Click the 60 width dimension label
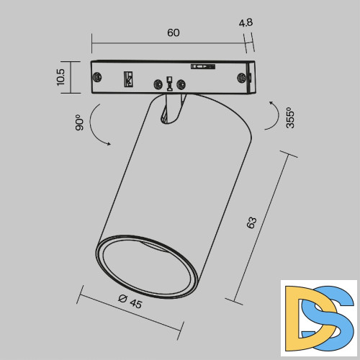pyautogui.click(x=173, y=33)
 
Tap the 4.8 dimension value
pyautogui.click(x=246, y=22)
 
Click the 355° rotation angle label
pyautogui.click(x=289, y=117)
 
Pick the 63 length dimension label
pyautogui.click(x=251, y=222)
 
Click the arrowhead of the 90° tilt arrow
pyautogui.click(x=109, y=144)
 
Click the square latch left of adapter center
pyautogui.click(x=130, y=77)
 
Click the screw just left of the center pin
pyautogui.click(x=156, y=84)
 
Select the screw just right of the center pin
pyautogui.click(x=181, y=84)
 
